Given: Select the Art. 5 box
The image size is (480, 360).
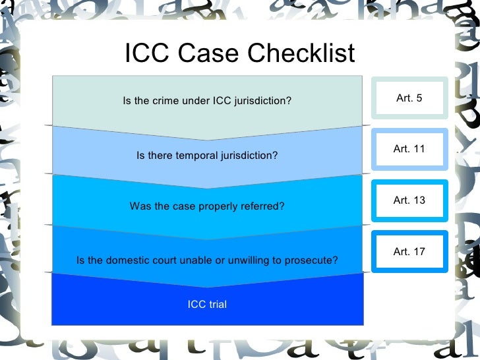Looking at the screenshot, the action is (x=409, y=98).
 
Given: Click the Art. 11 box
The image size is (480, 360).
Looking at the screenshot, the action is (x=409, y=149).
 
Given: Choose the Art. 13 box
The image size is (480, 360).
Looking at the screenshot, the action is (x=409, y=200).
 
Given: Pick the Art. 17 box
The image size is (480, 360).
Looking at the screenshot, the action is (x=409, y=251).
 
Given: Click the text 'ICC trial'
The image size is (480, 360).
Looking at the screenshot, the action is (x=207, y=304).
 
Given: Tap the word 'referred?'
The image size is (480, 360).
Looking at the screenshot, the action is (x=264, y=206).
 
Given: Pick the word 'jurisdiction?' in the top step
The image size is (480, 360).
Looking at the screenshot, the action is (x=262, y=101).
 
